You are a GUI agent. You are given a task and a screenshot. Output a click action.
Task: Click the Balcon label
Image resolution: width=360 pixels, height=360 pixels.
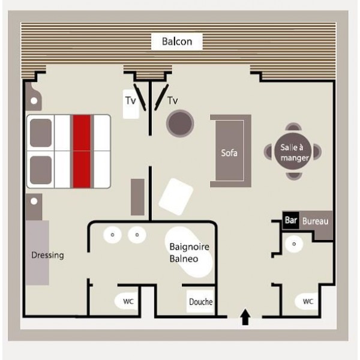[x=177, y=41]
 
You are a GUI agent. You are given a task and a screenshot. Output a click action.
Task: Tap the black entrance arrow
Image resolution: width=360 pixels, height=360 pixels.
[x=245, y=317]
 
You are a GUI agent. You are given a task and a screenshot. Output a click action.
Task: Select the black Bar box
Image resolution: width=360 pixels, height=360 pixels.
[x=290, y=220]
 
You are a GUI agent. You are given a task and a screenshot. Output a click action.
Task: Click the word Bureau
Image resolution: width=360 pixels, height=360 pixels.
[x=315, y=221]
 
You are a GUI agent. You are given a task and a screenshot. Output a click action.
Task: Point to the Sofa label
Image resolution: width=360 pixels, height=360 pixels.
[x=229, y=153]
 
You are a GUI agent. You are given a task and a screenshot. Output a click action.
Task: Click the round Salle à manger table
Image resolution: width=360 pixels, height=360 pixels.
[x=293, y=151]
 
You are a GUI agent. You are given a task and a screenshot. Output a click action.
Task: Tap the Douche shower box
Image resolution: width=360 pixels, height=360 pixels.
[x=200, y=301]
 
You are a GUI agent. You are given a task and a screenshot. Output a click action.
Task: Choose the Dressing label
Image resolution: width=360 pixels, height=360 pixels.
[x=47, y=256]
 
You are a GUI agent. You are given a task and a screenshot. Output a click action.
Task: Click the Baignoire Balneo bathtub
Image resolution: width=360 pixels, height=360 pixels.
[x=189, y=252]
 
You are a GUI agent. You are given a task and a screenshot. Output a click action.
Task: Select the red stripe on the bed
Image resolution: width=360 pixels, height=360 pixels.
[x=82, y=151]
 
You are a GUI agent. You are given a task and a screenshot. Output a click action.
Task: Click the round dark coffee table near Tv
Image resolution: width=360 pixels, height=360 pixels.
[x=180, y=123]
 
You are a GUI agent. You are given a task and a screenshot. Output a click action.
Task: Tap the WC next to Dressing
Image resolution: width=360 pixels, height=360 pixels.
[x=127, y=301]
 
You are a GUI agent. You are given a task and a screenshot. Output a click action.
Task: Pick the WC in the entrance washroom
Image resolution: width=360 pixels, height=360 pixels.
[x=307, y=301]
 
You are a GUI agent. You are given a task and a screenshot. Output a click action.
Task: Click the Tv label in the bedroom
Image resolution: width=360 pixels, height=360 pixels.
[x=131, y=101]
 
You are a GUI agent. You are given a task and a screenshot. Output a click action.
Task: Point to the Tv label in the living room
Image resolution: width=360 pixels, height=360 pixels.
[x=173, y=101]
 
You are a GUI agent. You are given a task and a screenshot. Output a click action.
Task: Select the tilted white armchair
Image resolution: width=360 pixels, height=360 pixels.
[x=176, y=197]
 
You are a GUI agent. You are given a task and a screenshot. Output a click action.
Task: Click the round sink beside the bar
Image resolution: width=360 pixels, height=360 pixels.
[x=294, y=244]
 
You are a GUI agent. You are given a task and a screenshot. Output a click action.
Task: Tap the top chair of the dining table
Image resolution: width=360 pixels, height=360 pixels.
[x=293, y=127]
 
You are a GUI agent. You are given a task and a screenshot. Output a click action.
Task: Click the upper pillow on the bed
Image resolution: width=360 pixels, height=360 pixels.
[x=41, y=133]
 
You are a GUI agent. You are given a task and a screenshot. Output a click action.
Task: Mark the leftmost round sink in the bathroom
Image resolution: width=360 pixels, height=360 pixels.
[x=113, y=235]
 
